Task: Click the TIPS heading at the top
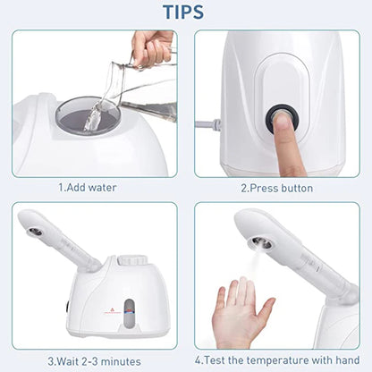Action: (185, 13)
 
